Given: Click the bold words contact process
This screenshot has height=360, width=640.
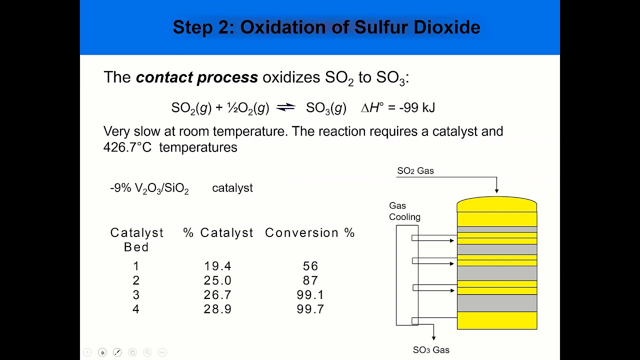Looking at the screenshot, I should tap(197, 77).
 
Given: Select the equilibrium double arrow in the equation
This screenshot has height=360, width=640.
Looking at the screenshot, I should tap(285, 107).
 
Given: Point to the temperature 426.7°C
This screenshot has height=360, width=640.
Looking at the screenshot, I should tap(127, 147).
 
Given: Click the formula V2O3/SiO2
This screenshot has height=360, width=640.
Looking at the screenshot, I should tap(161, 188).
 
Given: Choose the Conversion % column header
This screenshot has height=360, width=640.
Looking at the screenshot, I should tap(309, 233).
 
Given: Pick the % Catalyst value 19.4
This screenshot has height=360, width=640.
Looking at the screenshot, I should tap(217, 266).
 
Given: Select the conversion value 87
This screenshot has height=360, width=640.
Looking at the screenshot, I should tap(310, 280).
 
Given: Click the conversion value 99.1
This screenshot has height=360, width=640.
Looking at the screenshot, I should tap(310, 295).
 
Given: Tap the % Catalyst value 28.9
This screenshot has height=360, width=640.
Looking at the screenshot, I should tap(217, 309).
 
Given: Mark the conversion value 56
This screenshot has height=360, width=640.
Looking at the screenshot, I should tap(310, 266).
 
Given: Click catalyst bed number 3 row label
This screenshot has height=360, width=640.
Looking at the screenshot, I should tap(136, 295).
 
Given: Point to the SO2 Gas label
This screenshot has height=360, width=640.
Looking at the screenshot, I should tap(415, 171).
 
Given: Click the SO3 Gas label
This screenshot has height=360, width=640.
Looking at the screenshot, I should tap(431, 350).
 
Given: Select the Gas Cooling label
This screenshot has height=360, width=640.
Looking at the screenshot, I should tap(404, 211).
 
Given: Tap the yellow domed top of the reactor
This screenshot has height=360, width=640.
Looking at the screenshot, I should tap(496, 204).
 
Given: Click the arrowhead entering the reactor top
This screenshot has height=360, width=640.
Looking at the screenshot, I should tap(496, 190).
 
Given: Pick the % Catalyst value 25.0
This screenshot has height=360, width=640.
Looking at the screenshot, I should tap(217, 280).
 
